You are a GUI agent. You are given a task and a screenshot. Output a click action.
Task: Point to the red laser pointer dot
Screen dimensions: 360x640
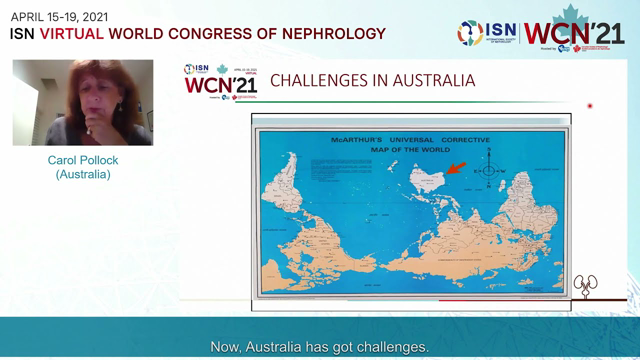point(590,106)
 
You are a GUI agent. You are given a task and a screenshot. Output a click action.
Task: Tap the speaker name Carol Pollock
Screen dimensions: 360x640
point(83,159)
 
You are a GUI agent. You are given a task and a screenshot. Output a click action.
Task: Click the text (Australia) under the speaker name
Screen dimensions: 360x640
point(83,175)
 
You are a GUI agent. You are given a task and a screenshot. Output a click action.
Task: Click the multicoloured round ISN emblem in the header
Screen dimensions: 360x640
point(470,33)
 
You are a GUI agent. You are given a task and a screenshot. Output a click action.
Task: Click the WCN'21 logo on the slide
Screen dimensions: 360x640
point(220,82)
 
